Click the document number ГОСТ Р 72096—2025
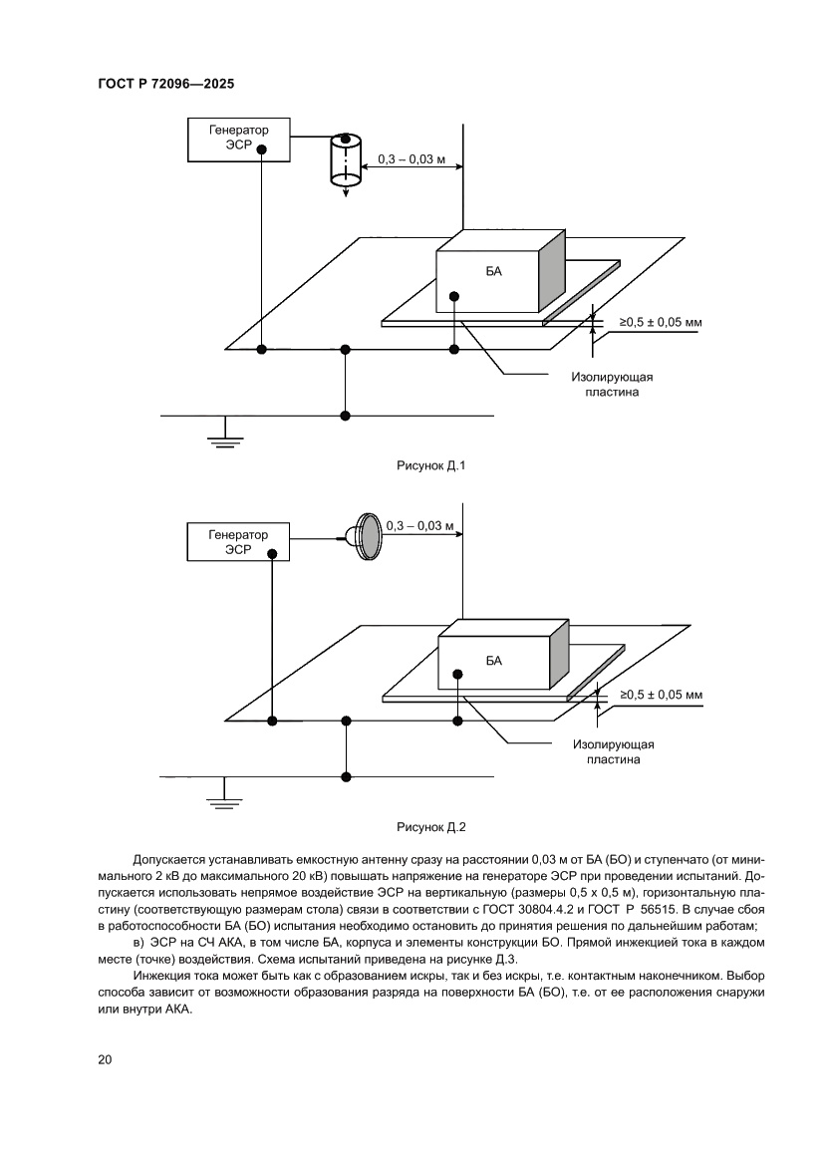(166, 85)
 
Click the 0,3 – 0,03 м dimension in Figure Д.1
(412, 159)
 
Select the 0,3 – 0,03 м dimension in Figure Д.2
(418, 524)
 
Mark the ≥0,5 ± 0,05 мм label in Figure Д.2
(662, 695)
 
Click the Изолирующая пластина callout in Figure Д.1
(612, 385)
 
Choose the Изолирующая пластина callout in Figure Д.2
(613, 750)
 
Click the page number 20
(106, 1059)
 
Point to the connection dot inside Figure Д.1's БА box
(454, 295)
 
